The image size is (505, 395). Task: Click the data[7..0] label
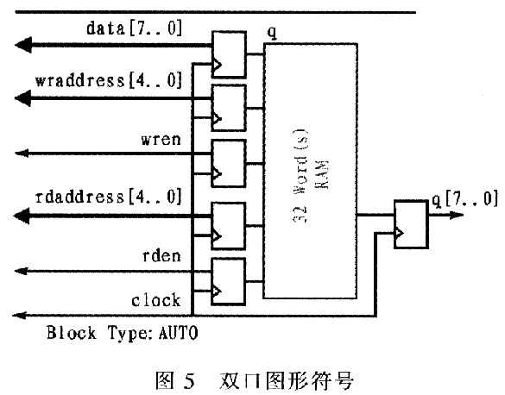[135, 28]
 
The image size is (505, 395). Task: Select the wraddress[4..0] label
[109, 80]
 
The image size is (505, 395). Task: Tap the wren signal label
[161, 140]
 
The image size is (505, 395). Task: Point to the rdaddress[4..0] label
[109, 197]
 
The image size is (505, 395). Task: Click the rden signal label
[161, 256]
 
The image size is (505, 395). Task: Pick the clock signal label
[156, 300]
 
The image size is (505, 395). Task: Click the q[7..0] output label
[465, 199]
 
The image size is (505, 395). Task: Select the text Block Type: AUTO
[123, 333]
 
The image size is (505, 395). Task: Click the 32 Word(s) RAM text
[310, 175]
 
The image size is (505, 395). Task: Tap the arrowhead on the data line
[23, 45]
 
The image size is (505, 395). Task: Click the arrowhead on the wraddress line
[23, 97]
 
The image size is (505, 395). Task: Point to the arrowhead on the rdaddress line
[22, 216]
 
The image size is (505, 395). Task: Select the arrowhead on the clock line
[19, 316]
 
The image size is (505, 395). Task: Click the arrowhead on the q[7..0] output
[456, 215]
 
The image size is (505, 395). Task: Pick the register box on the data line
[229, 54]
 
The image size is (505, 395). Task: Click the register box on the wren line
[229, 163]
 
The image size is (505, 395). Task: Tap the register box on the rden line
[229, 282]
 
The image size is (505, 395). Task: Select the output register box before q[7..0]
[411, 225]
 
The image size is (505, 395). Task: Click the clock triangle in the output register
[399, 233]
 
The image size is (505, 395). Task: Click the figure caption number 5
[190, 381]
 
